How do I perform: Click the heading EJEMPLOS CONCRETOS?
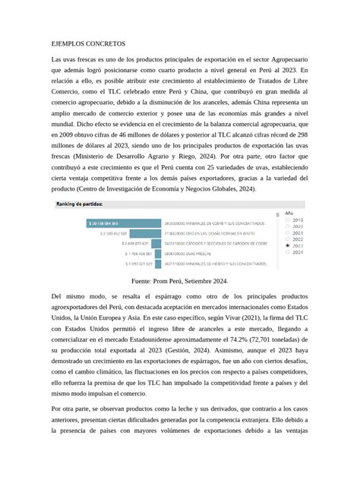click(x=88, y=45)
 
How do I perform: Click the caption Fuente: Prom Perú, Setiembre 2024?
click(x=179, y=280)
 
